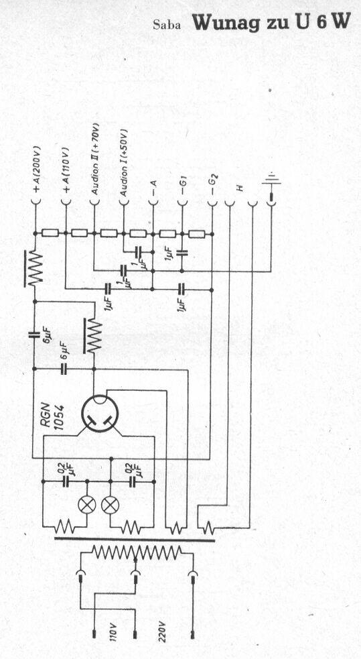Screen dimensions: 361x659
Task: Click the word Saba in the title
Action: [167, 25]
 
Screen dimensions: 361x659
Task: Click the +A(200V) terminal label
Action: [36, 170]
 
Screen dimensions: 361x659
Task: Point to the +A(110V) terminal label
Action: [66, 170]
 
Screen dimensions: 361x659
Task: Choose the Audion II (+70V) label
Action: [95, 158]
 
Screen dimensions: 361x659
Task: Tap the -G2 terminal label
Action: [213, 186]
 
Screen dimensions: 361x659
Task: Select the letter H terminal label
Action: [240, 188]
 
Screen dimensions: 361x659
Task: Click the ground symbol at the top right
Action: [271, 180]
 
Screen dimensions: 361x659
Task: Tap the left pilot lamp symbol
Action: [87, 505]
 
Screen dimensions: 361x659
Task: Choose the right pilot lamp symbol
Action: [111, 505]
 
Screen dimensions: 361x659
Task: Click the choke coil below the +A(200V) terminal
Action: [34, 269]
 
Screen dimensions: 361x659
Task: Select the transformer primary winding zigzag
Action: [137, 552]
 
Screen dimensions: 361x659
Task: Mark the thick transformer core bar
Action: [135, 539]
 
